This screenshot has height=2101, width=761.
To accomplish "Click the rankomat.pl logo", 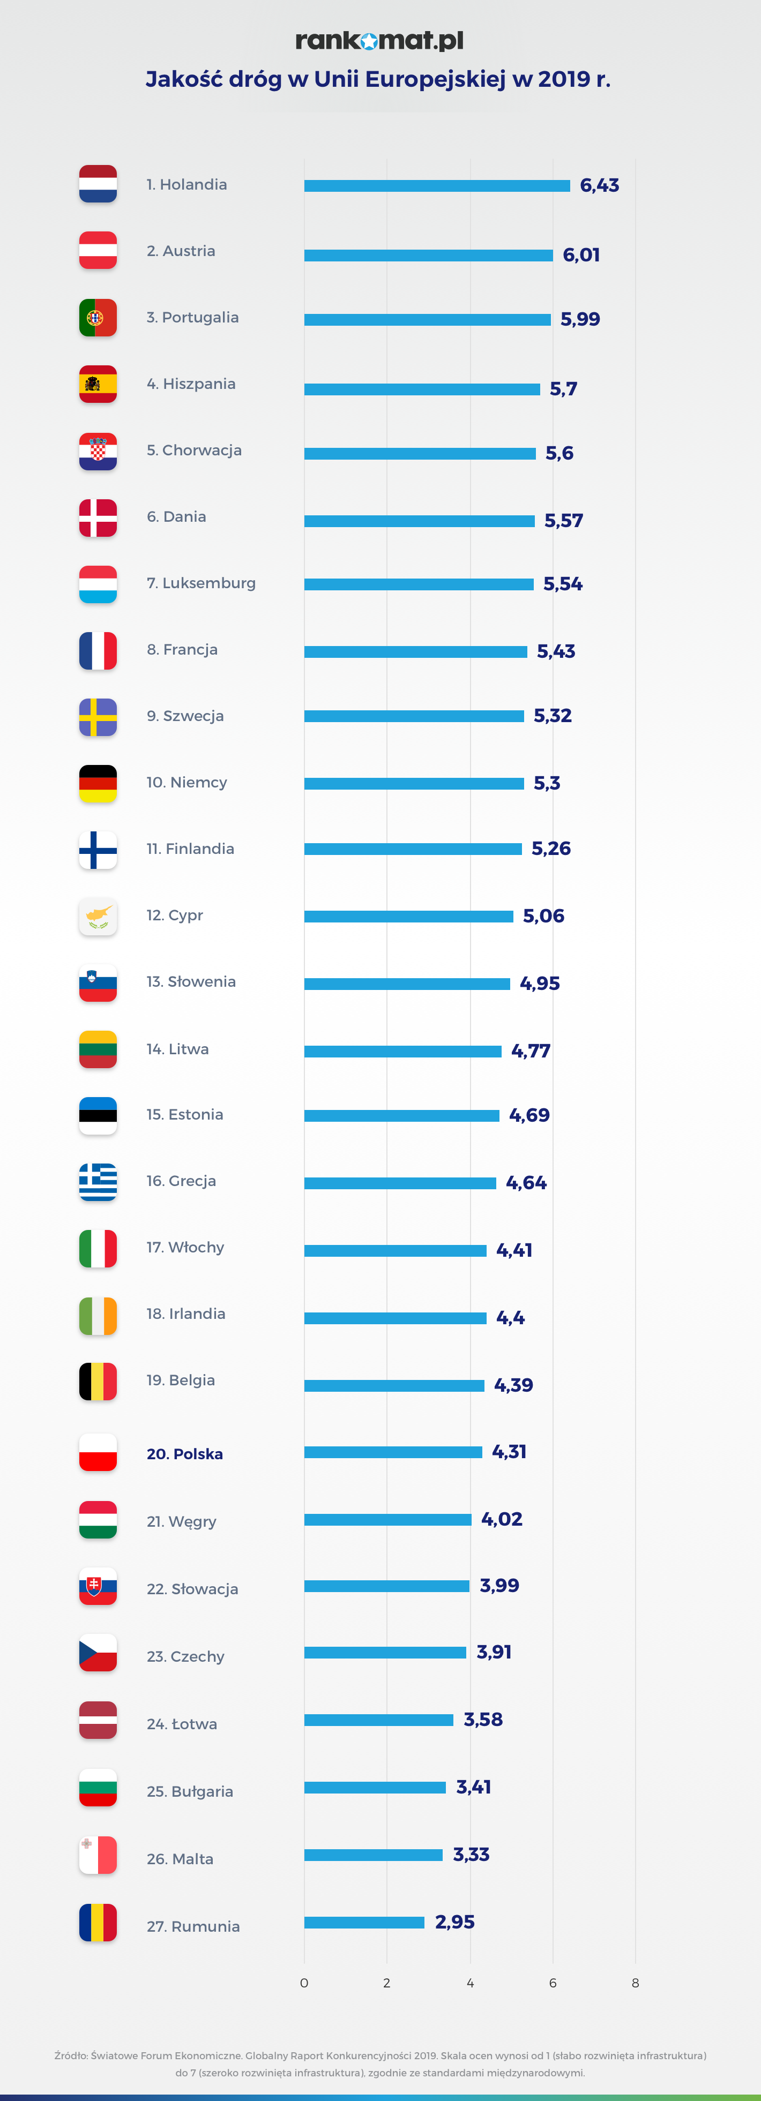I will point(379,40).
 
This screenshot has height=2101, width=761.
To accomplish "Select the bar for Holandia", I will point(436,186).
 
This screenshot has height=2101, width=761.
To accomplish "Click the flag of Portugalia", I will point(98,318).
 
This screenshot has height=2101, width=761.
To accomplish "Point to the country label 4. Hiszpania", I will point(191,384).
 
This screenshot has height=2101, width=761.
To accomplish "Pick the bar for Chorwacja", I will point(419,454).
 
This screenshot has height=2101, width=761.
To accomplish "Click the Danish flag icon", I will point(98,518).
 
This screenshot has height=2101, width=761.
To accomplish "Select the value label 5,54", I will point(563,584).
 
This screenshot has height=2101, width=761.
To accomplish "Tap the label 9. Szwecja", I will point(185,716).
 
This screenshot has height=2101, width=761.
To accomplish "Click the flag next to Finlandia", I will point(98,850).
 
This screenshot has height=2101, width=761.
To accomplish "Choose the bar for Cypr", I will point(408,917).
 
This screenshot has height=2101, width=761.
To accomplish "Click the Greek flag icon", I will point(98,1182).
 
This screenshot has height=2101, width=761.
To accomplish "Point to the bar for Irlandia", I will point(395,1318).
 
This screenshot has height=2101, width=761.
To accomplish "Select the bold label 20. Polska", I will point(184,1454).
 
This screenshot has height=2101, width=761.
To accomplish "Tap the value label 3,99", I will point(499,1586).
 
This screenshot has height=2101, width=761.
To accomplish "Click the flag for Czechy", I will point(98,1653).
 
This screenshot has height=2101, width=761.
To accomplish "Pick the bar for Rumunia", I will point(364,1923).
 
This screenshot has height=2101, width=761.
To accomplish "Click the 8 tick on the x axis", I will point(636,1983).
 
